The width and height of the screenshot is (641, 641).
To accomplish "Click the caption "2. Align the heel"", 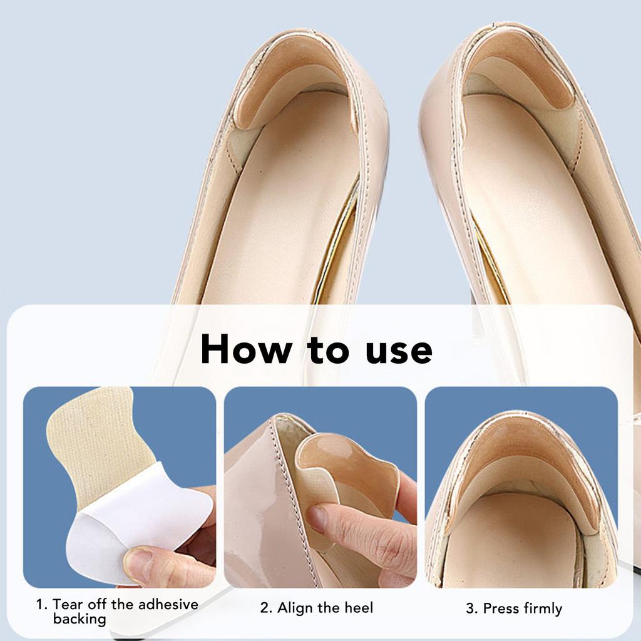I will pyautogui.click(x=317, y=607).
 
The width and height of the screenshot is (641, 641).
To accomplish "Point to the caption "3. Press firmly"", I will pyautogui.click(x=514, y=608).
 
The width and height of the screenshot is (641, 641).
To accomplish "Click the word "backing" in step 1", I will pyautogui.click(x=79, y=619).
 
